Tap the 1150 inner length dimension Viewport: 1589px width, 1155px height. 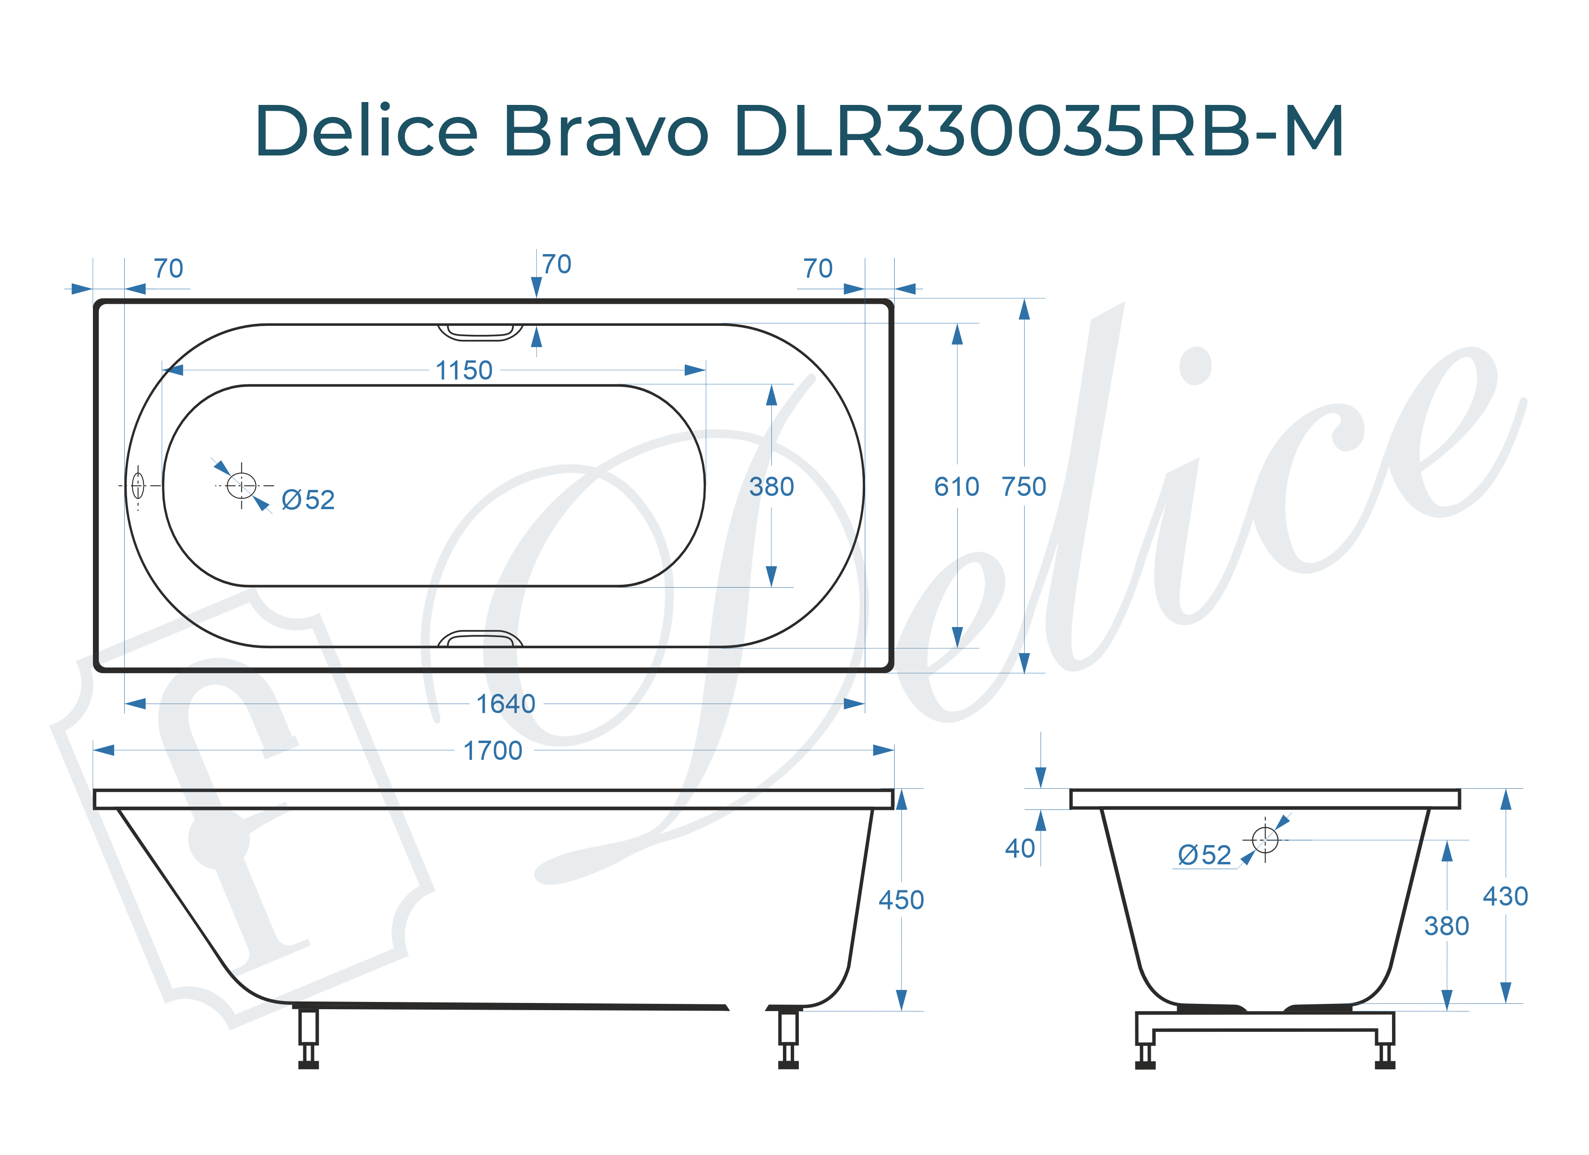[464, 371]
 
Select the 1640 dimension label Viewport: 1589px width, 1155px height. [505, 704]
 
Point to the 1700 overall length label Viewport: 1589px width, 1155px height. [493, 751]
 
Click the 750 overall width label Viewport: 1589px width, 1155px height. [1024, 487]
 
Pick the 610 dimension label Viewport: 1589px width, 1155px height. [956, 487]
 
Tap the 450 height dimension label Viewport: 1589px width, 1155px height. [901, 900]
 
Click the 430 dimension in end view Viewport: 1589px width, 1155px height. [1505, 897]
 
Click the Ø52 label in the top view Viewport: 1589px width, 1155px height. [308, 500]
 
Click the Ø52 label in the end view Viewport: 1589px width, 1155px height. [1204, 855]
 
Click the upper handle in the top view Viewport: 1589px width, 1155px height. [481, 332]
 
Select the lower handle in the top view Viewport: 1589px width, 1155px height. [481, 639]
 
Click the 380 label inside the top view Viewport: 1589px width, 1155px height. [771, 487]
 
